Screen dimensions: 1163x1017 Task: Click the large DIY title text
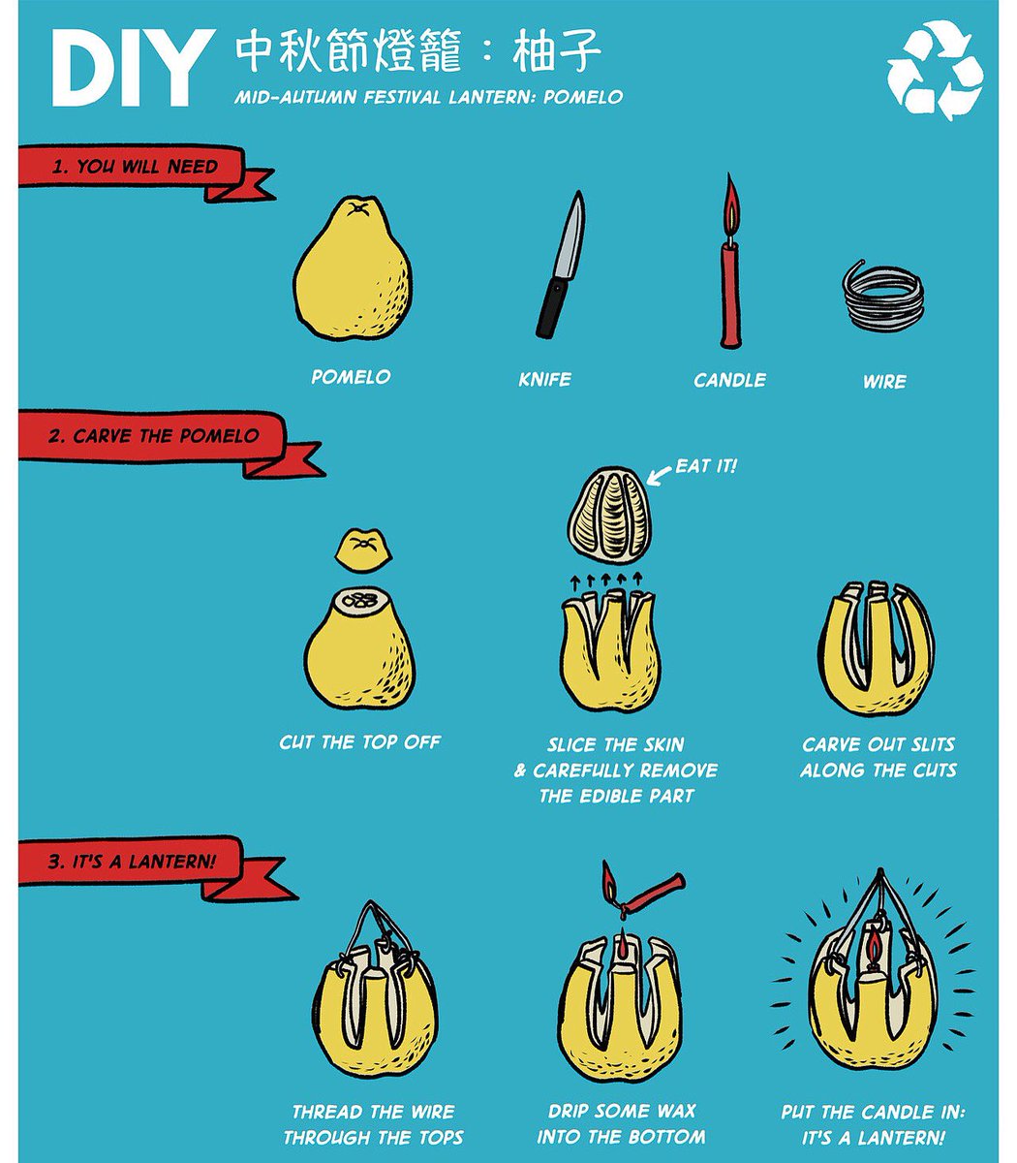130,68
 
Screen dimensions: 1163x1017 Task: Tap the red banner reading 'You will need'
136,167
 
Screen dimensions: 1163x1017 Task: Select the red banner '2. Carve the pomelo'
155,437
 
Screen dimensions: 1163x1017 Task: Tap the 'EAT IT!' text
706,466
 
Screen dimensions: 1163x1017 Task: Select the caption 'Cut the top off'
359,742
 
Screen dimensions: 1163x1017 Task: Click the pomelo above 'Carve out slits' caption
876,645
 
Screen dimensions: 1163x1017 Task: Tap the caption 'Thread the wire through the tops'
373,1124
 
